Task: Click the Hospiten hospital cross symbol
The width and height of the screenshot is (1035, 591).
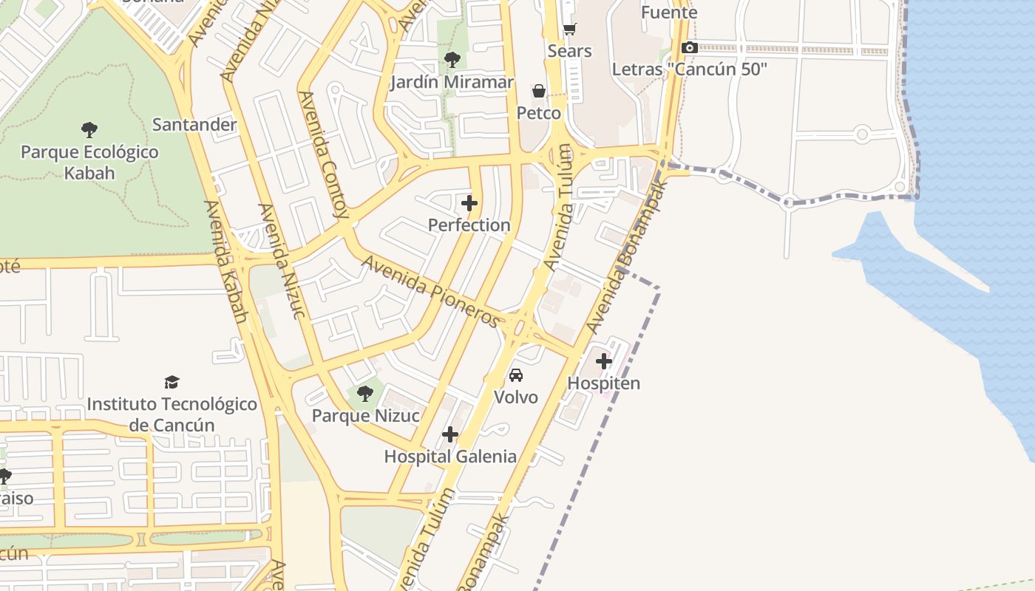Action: point(604,361)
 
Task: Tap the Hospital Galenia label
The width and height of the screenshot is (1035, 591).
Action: point(450,457)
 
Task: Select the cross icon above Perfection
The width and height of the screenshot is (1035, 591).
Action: point(469,203)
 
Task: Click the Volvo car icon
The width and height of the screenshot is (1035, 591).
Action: point(516,375)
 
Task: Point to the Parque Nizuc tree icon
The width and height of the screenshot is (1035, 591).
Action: point(364,393)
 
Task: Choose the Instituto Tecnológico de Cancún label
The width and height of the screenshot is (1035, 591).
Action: point(172,414)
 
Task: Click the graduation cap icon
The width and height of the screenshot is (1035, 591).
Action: point(172,382)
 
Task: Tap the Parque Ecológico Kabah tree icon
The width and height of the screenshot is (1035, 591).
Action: point(89,131)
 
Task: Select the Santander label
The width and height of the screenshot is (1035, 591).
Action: point(194,124)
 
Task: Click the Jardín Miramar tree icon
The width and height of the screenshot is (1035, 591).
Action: point(452,60)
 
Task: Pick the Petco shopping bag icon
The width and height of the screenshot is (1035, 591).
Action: point(539,91)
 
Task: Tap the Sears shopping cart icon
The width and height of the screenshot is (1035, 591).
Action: point(569,30)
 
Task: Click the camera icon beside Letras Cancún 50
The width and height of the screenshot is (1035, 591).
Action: point(689,48)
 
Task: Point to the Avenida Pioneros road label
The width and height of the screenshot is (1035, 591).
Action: point(431,290)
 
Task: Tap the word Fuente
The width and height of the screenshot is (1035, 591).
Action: point(668,13)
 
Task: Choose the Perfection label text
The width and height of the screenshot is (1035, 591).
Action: point(469,225)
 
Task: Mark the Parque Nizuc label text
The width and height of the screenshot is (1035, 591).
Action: point(365,415)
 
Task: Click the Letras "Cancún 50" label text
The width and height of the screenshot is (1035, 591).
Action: point(690,69)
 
